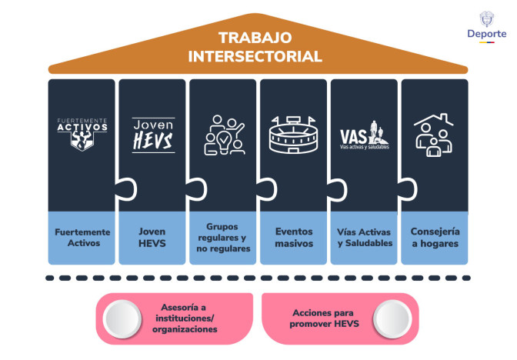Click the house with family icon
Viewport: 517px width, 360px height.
[434, 135]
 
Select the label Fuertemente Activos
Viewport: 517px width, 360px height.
[82, 238]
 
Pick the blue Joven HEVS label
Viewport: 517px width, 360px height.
[152, 238]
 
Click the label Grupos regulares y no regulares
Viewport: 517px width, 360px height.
[223, 238]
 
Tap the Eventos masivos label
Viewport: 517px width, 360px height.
[293, 238]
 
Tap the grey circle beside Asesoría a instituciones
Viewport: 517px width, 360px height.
[123, 318]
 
